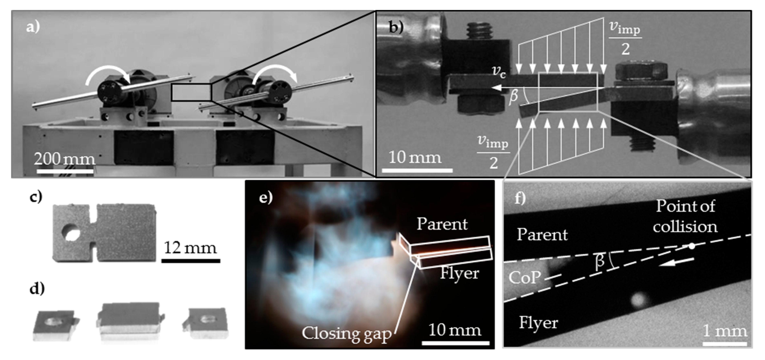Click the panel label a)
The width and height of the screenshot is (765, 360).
[x=33, y=27]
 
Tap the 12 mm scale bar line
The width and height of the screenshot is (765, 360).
[x=191, y=261]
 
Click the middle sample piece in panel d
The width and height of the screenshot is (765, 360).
[x=130, y=322]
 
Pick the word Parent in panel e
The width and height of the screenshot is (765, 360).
[x=442, y=224]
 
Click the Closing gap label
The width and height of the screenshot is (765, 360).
[x=346, y=333]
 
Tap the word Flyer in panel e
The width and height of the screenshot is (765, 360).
[x=459, y=273]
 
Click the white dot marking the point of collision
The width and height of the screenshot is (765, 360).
[x=692, y=246]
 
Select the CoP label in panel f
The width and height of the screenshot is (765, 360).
[x=524, y=277]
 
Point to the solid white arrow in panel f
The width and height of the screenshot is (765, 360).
[x=676, y=262]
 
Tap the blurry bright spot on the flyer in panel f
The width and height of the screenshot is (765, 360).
[x=638, y=300]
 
